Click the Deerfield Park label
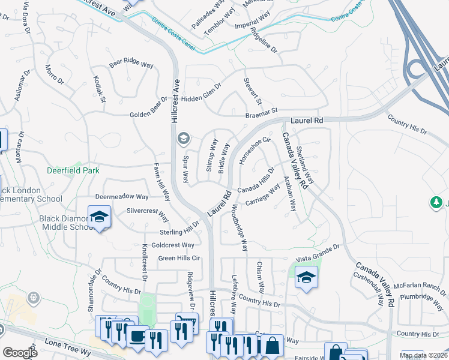[73, 170]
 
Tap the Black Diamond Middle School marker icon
[99, 216]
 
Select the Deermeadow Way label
[122, 197]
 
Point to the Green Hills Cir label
[178, 259]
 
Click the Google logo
[20, 352]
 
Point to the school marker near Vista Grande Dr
[306, 278]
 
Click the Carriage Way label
[263, 196]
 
